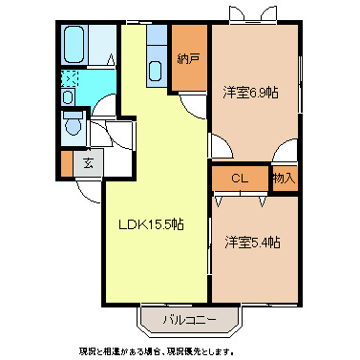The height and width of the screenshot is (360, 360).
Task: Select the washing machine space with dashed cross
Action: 70,80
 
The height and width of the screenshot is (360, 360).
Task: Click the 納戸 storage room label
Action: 189,58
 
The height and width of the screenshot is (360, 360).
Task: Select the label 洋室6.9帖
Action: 252,93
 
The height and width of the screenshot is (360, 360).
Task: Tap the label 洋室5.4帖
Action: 252,243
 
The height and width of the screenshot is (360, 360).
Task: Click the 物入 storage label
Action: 284,178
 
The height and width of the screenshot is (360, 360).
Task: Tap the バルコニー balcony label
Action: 188,318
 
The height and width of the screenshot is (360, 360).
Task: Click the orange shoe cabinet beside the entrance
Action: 66,161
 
